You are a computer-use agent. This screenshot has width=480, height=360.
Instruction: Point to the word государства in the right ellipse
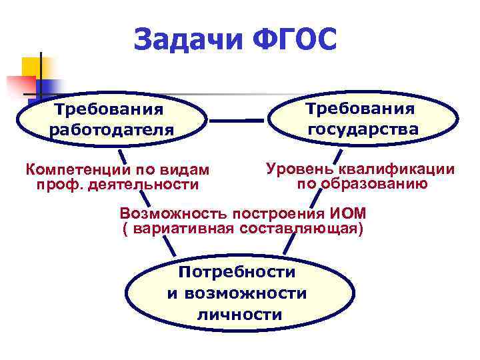363,129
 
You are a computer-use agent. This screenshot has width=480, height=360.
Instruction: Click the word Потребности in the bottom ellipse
237,271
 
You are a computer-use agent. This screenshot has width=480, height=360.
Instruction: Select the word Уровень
297,169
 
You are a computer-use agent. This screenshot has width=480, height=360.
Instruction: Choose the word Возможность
175,214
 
